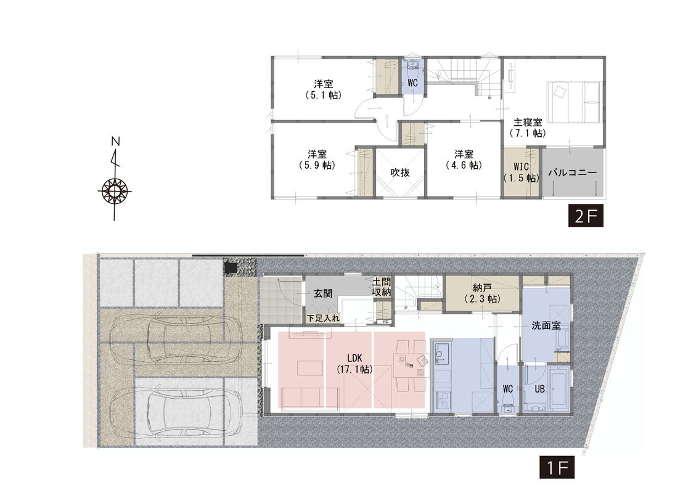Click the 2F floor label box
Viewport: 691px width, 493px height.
[x=586, y=216]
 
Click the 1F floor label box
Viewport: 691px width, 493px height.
[x=557, y=467]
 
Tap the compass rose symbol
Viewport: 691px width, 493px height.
[x=115, y=191]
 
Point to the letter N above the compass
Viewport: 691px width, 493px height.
[x=115, y=141]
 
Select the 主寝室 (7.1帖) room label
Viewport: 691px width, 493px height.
[x=528, y=128]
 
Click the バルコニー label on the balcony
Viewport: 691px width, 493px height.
[x=572, y=173]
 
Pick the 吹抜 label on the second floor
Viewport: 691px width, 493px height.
[x=400, y=173]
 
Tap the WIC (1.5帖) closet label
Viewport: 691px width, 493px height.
[x=521, y=173]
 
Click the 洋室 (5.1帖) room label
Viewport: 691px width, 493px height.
[x=324, y=89]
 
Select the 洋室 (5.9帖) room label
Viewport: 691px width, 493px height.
[x=317, y=160]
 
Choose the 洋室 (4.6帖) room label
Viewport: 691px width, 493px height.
[x=464, y=160]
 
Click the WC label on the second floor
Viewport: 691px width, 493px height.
[x=412, y=83]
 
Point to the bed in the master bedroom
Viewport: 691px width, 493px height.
[x=573, y=102]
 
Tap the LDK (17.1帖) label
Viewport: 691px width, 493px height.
[x=355, y=364]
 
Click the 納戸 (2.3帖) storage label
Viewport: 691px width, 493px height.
[x=483, y=293]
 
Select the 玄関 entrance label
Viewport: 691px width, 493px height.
[x=323, y=293]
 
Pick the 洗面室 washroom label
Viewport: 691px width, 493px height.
[x=546, y=325]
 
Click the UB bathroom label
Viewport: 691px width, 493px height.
[x=539, y=389]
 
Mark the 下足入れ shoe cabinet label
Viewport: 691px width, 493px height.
[x=323, y=317]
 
